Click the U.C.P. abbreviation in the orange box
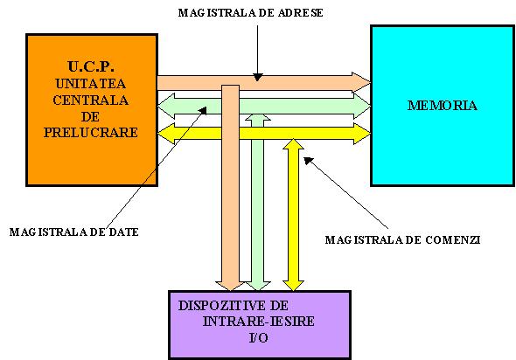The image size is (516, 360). (91, 66)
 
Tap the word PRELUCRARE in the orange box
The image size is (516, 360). (91, 133)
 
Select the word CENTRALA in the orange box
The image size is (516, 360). (90, 100)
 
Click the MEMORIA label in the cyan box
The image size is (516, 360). (443, 106)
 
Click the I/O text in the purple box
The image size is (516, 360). (259, 337)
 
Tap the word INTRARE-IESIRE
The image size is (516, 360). (258, 322)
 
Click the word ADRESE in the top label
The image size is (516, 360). (301, 13)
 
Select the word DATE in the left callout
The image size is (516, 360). (123, 232)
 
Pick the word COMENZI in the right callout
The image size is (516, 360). (453, 240)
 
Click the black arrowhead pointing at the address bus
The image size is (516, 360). (258, 77)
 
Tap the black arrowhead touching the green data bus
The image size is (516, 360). (203, 110)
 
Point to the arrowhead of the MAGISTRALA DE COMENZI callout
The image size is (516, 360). (308, 161)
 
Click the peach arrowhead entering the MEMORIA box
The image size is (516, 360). (361, 82)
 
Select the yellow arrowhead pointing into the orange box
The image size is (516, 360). (167, 134)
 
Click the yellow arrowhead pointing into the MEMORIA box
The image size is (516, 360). (362, 134)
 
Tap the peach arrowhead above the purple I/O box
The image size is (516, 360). (230, 286)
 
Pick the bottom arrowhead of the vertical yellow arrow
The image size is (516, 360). (293, 286)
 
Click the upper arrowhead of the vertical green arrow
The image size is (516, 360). (258, 118)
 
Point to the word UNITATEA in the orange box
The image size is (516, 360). (90, 84)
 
